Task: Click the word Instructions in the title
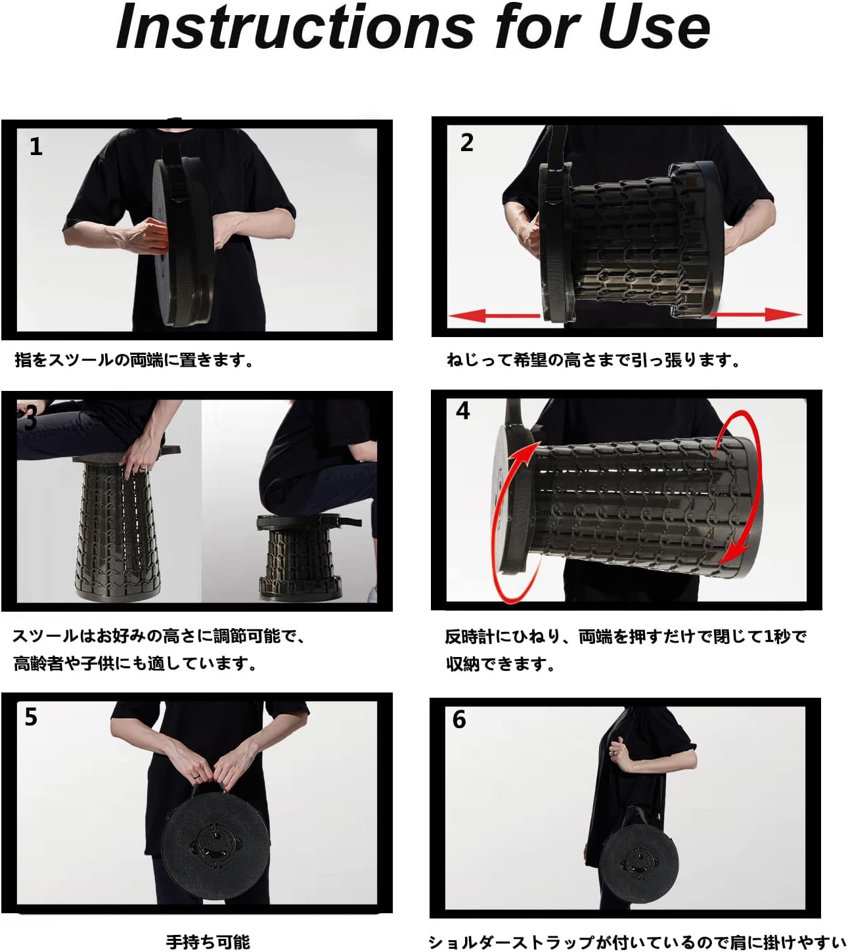296,27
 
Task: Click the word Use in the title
654,27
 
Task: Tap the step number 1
36,147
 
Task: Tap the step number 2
466,143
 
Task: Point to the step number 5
31,717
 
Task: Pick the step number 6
459,720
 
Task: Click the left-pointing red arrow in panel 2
494,315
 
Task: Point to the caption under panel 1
135,360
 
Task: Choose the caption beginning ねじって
593,360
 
